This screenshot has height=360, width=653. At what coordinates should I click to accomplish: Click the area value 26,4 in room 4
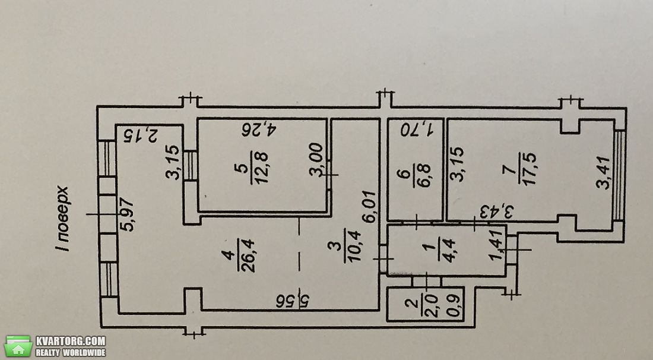point(249,255)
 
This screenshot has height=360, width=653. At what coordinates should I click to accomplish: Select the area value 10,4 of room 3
point(355,246)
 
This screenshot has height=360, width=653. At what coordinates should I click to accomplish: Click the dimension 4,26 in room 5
point(259,130)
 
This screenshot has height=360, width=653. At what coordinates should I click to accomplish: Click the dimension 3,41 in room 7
point(603,172)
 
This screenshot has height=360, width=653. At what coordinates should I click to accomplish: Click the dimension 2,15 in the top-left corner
point(141,136)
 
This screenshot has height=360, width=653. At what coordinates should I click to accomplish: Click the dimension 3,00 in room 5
point(316,160)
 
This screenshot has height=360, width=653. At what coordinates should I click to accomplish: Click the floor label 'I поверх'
point(62,219)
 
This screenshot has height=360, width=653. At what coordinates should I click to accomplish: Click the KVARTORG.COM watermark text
point(71,341)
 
